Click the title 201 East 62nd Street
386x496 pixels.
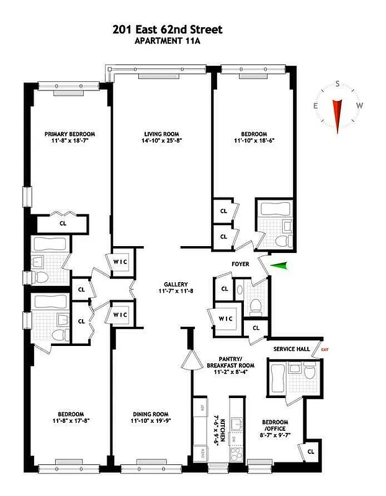pos(167,29)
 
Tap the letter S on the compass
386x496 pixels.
pos(338,84)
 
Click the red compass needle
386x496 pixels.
pos(338,115)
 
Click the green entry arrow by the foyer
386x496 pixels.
pos(281,266)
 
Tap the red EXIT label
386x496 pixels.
pos(325,350)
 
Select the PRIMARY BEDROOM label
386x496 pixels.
pos(69,134)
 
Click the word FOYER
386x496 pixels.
pos(240,264)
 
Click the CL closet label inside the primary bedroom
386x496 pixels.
pos(63,223)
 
